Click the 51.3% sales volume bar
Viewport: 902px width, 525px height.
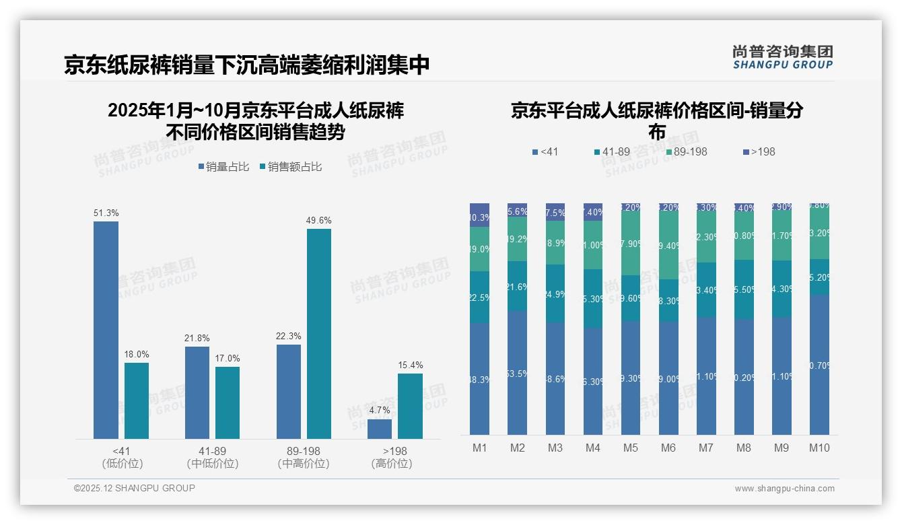pyautogui.click(x=106, y=330)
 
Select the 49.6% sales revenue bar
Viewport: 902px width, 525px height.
pyautogui.click(x=319, y=334)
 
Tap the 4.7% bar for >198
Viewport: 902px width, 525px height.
pyautogui.click(x=380, y=429)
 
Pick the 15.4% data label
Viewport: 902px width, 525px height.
pyautogui.click(x=411, y=365)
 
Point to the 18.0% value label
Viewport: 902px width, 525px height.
pyautogui.click(x=137, y=354)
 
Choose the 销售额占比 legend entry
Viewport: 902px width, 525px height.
pyautogui.click(x=290, y=167)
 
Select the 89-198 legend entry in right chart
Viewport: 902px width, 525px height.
pyautogui.click(x=687, y=152)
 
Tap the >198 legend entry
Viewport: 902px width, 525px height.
pyautogui.click(x=759, y=152)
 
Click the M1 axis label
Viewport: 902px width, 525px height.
pyautogui.click(x=479, y=448)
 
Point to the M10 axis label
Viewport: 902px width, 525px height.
pyautogui.click(x=819, y=448)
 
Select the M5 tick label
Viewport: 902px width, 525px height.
pyautogui.click(x=630, y=448)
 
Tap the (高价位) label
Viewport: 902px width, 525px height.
pyautogui.click(x=391, y=464)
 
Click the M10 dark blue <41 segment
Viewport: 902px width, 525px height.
pyautogui.click(x=819, y=364)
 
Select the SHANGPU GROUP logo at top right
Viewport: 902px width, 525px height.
pyautogui.click(x=782, y=57)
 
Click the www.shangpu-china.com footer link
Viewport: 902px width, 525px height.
pyautogui.click(x=784, y=489)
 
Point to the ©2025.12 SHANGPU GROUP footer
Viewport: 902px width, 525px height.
pyautogui.click(x=135, y=488)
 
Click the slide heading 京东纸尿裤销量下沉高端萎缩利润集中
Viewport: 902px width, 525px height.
pyautogui.click(x=246, y=65)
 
